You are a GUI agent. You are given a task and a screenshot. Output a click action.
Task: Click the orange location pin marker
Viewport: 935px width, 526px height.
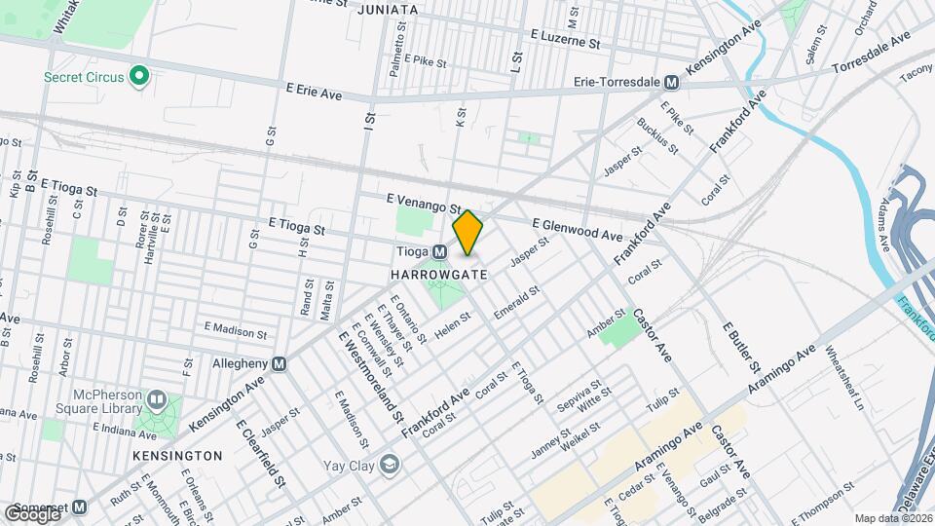468,233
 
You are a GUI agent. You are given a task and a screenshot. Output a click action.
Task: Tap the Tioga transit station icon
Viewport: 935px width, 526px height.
440,251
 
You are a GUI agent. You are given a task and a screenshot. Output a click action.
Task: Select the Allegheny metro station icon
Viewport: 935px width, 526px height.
280,364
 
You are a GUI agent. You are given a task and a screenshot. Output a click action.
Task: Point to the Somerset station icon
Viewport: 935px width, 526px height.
80,507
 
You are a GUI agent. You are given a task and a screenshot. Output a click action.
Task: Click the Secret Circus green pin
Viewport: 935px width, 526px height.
139,75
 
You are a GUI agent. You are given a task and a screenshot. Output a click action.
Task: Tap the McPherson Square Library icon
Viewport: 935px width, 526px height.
156,400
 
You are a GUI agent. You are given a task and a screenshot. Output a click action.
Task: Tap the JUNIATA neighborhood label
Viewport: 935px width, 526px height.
388,10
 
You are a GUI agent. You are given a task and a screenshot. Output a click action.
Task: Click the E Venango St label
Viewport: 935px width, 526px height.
423,203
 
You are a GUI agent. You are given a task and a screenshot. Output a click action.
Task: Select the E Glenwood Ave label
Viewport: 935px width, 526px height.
577,229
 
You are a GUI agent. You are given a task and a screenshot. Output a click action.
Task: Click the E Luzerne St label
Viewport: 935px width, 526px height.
565,39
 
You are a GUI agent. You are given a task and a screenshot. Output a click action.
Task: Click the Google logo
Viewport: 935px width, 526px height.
31,513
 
